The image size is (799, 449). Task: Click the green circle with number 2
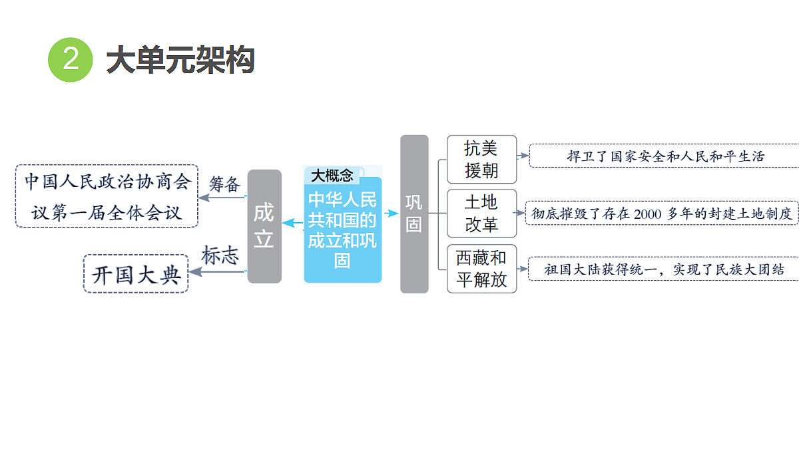(x=71, y=59)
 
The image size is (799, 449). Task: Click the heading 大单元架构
(x=180, y=59)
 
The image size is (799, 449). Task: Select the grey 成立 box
(x=264, y=226)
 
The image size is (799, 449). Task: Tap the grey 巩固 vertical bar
(x=414, y=214)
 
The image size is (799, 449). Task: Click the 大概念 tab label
(x=332, y=176)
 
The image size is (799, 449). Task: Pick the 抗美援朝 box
(x=481, y=159)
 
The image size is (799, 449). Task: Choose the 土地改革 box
(x=481, y=214)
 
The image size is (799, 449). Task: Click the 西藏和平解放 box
(x=481, y=269)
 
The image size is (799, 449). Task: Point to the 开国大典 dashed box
(x=136, y=273)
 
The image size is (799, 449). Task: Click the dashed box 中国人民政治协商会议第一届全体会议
(x=107, y=196)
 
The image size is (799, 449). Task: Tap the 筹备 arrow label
(x=225, y=184)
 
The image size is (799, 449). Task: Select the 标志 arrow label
(x=220, y=255)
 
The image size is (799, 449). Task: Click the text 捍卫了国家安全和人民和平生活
(x=666, y=156)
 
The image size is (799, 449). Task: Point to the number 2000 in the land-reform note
(x=648, y=214)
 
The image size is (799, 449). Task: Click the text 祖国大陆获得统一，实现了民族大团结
(x=665, y=269)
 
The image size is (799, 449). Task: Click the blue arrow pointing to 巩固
(x=392, y=214)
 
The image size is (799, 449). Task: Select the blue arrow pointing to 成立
(x=292, y=223)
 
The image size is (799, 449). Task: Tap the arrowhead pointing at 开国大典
(x=194, y=272)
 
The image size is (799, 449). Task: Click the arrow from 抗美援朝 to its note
(x=523, y=156)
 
